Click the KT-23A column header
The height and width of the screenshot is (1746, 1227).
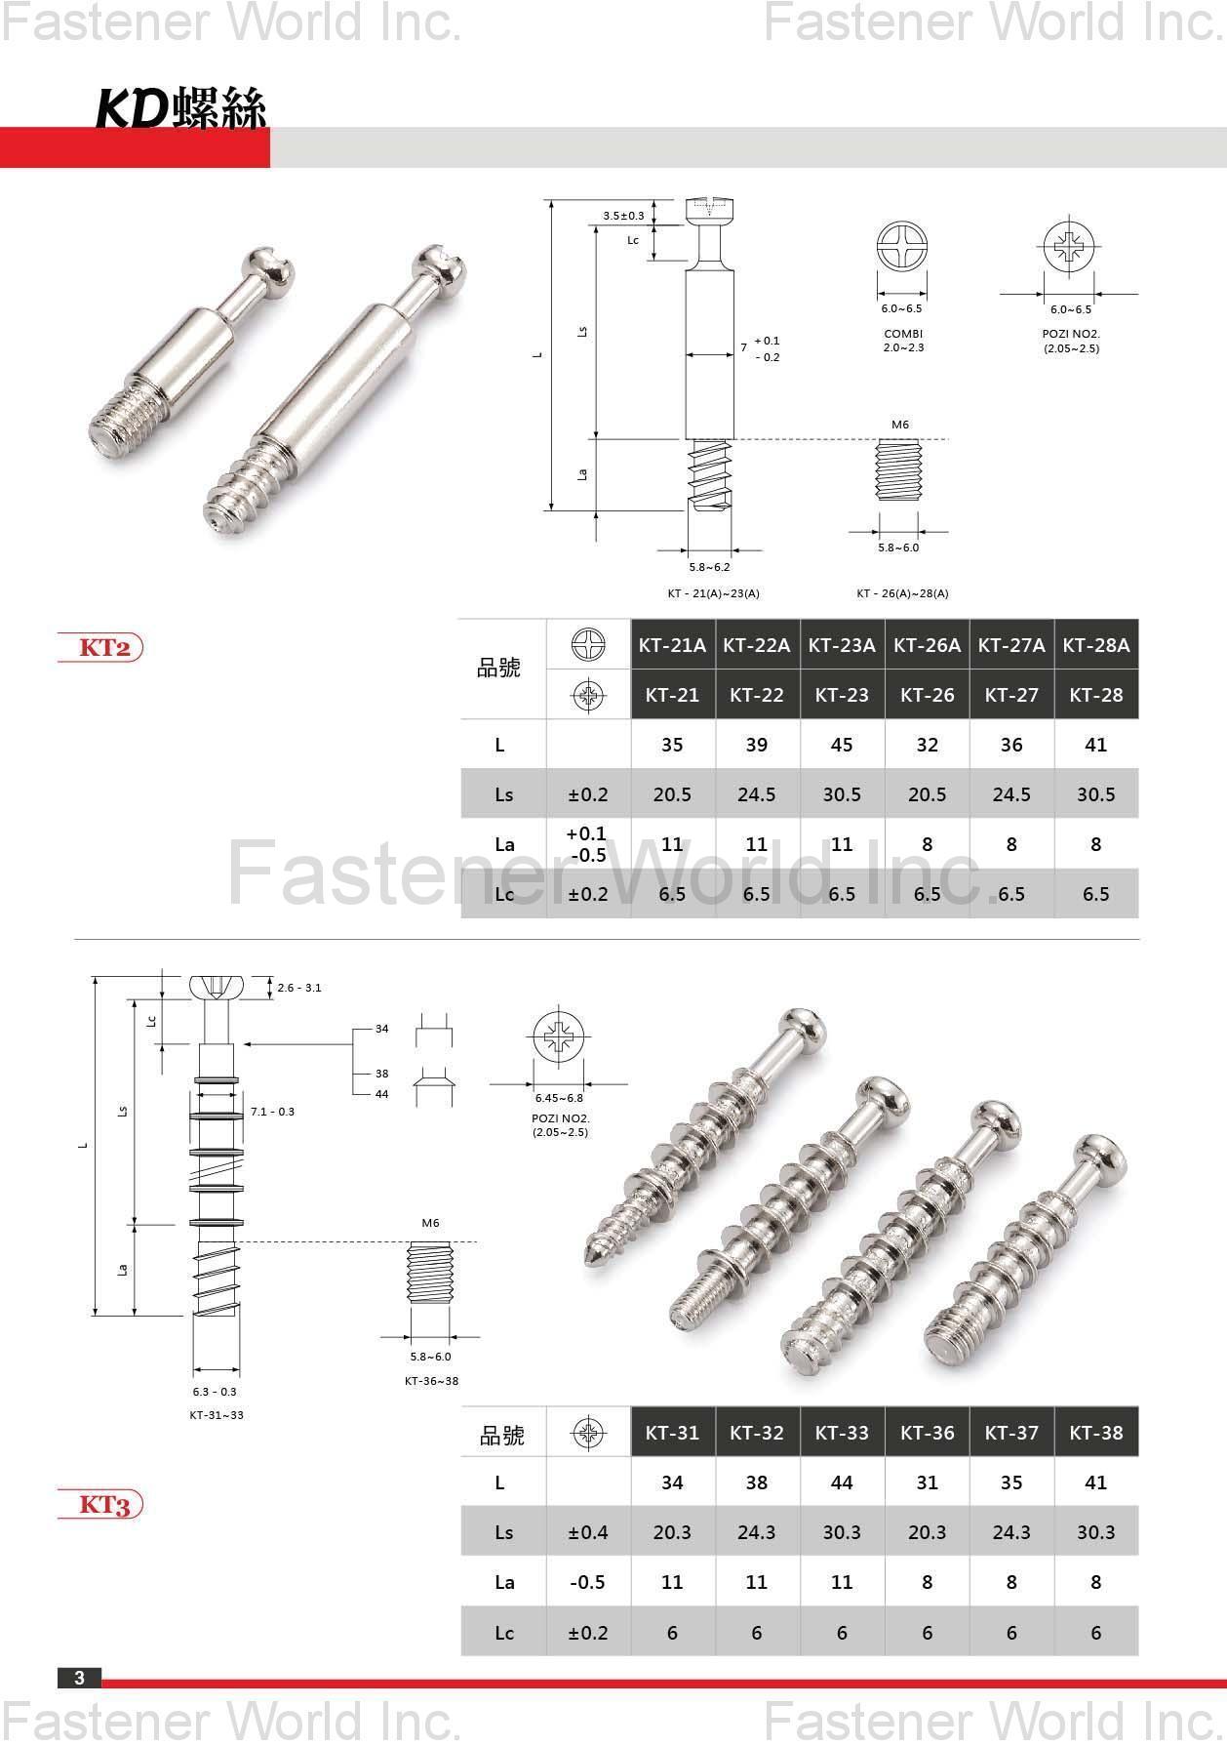coord(842,645)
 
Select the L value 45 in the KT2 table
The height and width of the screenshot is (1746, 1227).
coord(842,745)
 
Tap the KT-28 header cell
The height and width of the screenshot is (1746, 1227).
coord(1096,695)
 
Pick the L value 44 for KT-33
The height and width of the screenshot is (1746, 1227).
coord(842,1482)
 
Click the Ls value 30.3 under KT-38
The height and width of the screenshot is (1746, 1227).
coord(1096,1532)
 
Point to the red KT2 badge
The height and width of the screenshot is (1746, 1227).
coord(100,648)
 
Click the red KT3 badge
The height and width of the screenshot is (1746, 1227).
coord(100,1504)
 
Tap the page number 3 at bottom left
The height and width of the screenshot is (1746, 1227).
coord(80,1678)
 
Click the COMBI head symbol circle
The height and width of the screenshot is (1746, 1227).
coord(902,246)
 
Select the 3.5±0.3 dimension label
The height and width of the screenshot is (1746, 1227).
coord(623,216)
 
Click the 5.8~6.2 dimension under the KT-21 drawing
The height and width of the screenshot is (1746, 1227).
coord(709,567)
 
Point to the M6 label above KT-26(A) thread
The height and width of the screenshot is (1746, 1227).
coord(899,425)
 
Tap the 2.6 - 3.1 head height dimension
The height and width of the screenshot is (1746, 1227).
coord(298,988)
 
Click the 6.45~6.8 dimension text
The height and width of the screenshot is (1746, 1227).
coord(559,1098)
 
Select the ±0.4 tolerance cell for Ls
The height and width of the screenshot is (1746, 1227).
coord(588,1532)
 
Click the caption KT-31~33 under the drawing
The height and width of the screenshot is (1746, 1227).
coord(217,1414)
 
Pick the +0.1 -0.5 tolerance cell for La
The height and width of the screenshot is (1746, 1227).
coord(587,844)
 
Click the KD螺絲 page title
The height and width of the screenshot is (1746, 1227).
coord(181,107)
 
